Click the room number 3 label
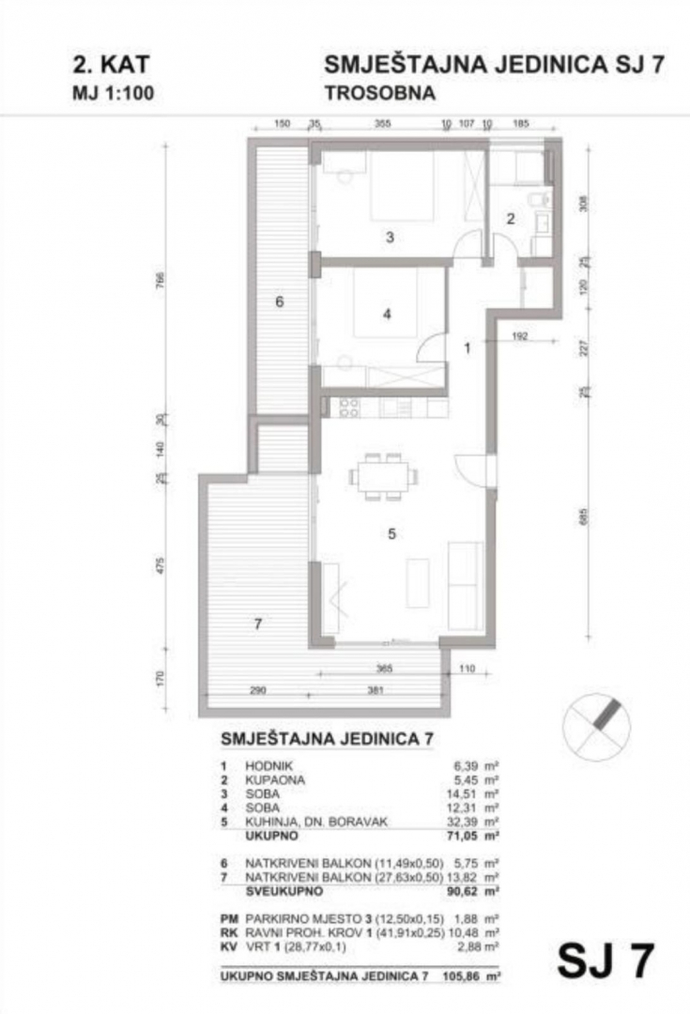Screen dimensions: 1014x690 (389, 238)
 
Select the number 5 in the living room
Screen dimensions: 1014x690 (392, 534)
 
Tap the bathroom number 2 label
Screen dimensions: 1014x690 (511, 220)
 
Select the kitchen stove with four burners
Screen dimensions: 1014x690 (349, 407)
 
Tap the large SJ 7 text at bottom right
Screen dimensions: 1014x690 (605, 961)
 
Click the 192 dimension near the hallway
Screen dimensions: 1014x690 (522, 333)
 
